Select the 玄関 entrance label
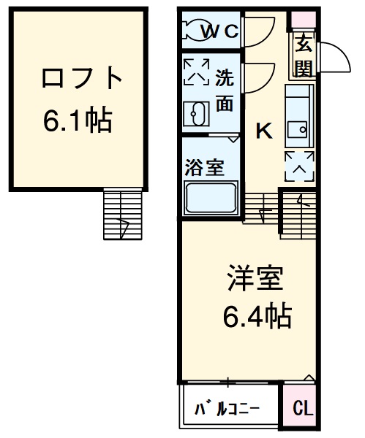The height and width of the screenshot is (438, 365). pos(304,56)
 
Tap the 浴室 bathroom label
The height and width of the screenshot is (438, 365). pos(204,167)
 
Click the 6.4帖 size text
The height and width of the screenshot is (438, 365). pos(256,315)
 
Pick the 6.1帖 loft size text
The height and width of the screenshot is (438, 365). pos(78,120)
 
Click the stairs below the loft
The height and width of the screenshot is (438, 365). pos(121,214)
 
